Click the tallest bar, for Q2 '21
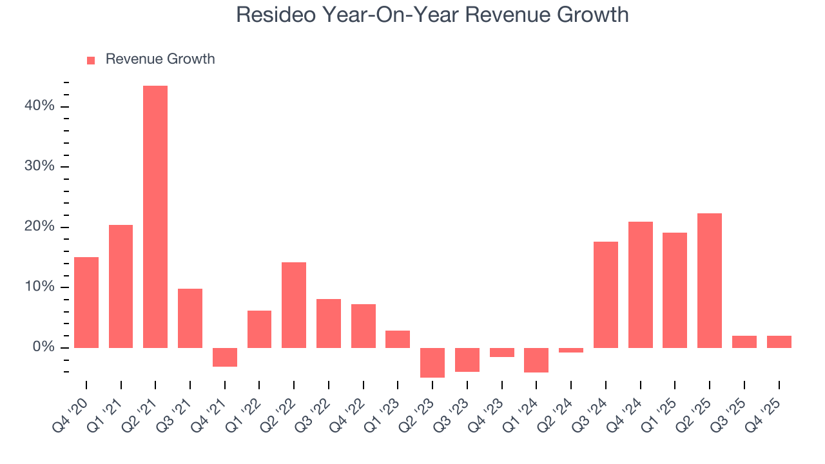(155, 217)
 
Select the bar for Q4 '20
(86, 302)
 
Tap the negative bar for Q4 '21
(225, 357)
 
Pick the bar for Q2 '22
(294, 305)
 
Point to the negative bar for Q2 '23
(432, 362)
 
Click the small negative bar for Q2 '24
(571, 350)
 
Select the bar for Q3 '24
(606, 295)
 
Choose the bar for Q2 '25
(710, 280)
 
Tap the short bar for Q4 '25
(779, 342)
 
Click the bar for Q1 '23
(398, 339)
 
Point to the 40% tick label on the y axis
(39, 106)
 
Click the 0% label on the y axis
(43, 347)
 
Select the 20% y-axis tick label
(39, 227)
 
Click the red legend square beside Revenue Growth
(91, 60)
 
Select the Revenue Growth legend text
(160, 59)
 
